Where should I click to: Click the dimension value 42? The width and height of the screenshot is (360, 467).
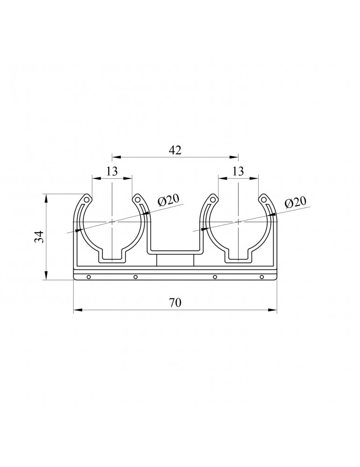click(175, 150)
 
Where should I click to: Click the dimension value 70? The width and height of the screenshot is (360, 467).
click(175, 303)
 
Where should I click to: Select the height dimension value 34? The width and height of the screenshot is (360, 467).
click(40, 237)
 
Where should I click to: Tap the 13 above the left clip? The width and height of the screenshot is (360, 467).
click(112, 171)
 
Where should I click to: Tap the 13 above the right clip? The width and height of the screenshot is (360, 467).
click(238, 171)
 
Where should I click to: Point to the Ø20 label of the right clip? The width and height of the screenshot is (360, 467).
click(295, 203)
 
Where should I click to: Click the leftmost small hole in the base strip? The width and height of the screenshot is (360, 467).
click(88, 277)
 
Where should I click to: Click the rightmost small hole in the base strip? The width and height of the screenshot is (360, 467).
click(262, 277)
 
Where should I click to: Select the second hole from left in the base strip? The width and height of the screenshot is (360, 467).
click(135, 277)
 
